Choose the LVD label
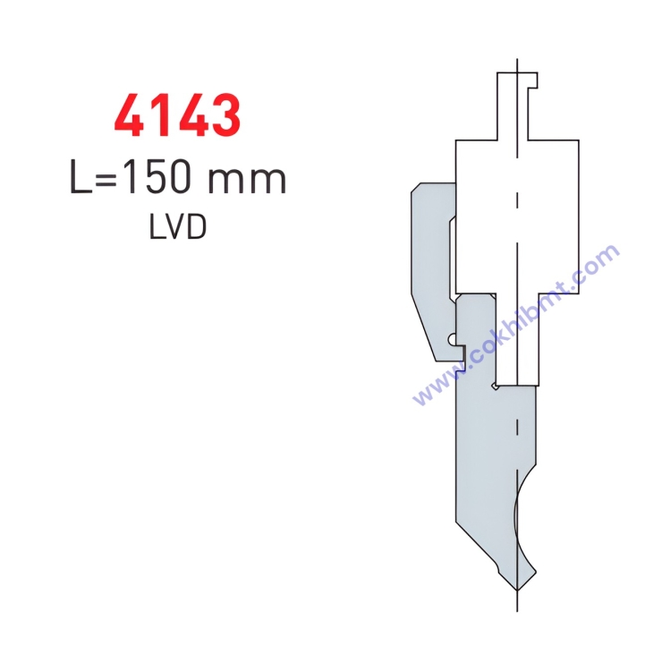(x=177, y=226)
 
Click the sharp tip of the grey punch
(x=517, y=589)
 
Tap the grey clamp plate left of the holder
(x=429, y=268)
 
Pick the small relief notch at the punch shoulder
(x=495, y=386)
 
